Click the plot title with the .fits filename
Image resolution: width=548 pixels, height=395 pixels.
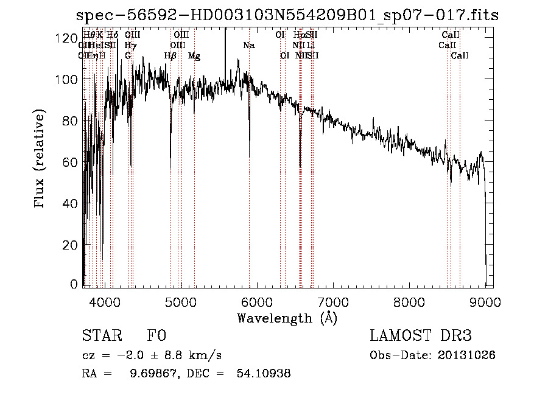[287, 16]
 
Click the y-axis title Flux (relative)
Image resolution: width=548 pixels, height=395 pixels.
[40, 159]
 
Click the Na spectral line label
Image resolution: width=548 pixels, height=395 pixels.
[248, 46]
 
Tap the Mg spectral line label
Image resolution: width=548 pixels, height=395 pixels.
[194, 56]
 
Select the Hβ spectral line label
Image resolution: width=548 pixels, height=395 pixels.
[170, 56]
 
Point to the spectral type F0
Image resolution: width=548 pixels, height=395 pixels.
[156, 336]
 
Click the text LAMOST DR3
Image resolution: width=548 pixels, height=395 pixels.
[421, 336]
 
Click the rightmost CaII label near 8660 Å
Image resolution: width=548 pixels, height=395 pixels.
[460, 56]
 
